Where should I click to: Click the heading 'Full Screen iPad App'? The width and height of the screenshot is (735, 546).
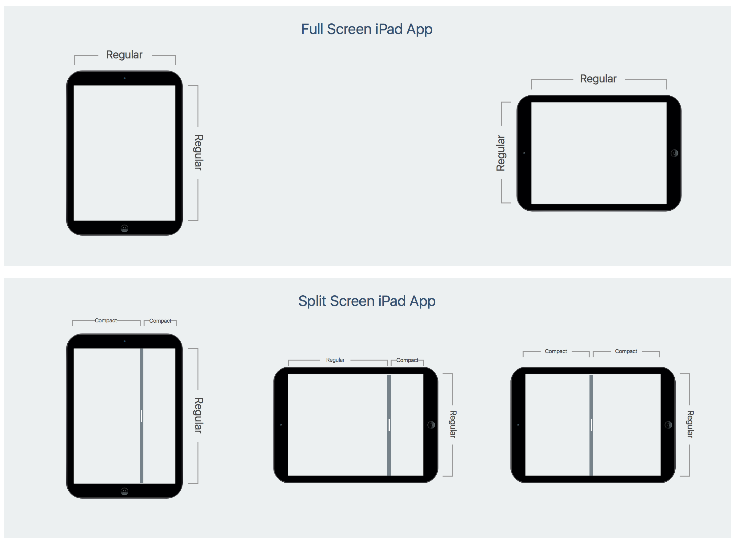coord(366,29)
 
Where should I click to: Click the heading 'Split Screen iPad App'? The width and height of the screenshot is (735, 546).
coord(366,301)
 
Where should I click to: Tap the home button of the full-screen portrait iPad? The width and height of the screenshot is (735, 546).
coord(124,228)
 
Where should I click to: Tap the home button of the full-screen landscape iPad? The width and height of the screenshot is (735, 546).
coord(674,153)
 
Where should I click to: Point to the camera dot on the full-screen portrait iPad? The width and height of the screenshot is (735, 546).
coord(125,78)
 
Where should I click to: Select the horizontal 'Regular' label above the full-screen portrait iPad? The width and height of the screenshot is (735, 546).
coord(124,55)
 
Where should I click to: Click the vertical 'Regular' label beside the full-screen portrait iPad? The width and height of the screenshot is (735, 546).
coord(198,152)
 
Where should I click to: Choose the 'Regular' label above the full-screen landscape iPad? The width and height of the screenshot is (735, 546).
coord(598,79)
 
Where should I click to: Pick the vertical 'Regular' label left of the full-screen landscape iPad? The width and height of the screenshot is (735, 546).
coord(501,153)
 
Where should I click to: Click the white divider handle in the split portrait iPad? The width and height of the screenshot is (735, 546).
coord(142,416)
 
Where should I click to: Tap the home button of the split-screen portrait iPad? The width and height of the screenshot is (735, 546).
coord(124,492)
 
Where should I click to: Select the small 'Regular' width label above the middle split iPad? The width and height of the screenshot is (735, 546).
coord(335,360)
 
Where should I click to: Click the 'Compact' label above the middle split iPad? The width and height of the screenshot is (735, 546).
coord(407,360)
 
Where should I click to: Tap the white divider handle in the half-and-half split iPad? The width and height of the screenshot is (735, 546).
coord(591,425)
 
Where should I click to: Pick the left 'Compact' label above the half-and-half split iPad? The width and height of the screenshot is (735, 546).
coord(556,351)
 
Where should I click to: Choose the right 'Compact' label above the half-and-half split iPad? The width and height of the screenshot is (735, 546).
coord(626,351)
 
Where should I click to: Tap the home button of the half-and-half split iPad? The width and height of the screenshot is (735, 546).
coord(668,425)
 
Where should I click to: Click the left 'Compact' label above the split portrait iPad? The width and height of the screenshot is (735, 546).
coord(106,321)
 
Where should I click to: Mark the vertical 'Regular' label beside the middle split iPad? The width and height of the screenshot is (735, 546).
coord(453,424)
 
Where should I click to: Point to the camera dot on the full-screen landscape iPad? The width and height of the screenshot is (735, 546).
coord(524,153)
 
